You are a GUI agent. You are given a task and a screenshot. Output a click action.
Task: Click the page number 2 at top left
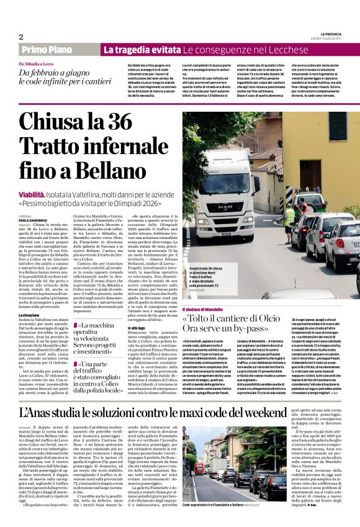[20, 37]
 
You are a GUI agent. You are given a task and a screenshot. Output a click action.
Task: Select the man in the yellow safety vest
[290, 214]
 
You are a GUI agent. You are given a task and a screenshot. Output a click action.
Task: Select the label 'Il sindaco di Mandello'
[204, 309]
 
